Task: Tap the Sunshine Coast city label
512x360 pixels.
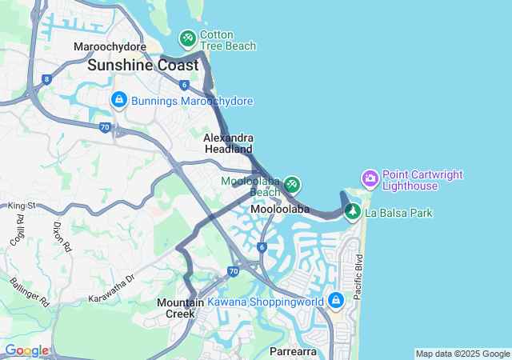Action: click(x=143, y=65)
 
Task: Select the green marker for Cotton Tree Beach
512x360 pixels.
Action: click(x=187, y=38)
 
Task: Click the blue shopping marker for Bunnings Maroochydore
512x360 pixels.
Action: click(x=118, y=99)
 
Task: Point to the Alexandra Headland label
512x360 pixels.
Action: click(x=229, y=143)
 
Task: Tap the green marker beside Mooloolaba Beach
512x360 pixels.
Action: click(x=292, y=185)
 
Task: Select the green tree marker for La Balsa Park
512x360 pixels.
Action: click(x=352, y=212)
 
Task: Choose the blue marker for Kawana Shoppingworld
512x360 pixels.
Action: click(x=335, y=300)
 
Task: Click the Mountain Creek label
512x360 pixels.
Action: click(x=181, y=308)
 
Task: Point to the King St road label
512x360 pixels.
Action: click(x=22, y=206)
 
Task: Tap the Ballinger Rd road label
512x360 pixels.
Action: click(x=30, y=292)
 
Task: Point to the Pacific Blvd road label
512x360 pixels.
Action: click(x=358, y=277)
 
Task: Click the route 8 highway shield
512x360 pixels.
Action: click(x=47, y=79)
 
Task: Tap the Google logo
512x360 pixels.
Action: click(x=26, y=350)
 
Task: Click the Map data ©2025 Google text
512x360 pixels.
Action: click(x=462, y=354)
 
